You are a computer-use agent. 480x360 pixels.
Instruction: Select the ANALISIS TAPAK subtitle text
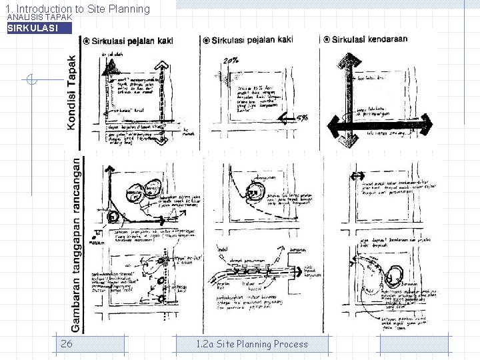click(x=38, y=17)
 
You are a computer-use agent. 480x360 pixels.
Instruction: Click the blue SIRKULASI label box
click(x=39, y=28)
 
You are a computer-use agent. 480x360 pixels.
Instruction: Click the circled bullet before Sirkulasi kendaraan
click(x=326, y=39)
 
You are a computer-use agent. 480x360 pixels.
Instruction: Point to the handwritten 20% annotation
click(x=231, y=61)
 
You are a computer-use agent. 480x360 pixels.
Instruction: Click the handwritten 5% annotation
click(x=301, y=119)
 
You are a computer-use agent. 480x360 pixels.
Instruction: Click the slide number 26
click(x=66, y=344)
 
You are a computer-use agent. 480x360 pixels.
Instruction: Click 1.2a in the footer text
click(x=205, y=344)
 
